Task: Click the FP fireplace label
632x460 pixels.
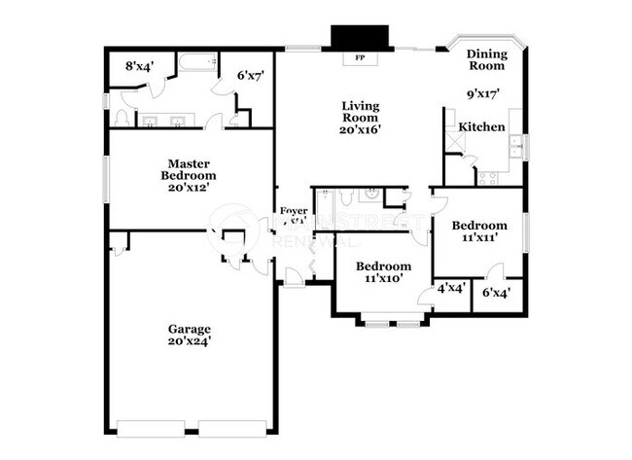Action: click(360, 56)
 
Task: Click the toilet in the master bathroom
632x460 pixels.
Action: click(123, 117)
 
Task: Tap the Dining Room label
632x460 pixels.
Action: click(486, 60)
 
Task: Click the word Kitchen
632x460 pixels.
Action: click(482, 127)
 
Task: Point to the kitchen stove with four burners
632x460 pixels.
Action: click(487, 177)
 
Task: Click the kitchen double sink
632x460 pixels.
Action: click(515, 146)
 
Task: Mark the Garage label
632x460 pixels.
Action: click(189, 329)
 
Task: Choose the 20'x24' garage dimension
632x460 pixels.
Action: click(189, 341)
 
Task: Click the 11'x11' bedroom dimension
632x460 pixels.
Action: click(479, 237)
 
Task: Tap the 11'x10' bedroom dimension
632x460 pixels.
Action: click(382, 279)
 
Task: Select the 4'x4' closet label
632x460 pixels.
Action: click(449, 289)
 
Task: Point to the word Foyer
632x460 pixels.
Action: click(294, 211)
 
